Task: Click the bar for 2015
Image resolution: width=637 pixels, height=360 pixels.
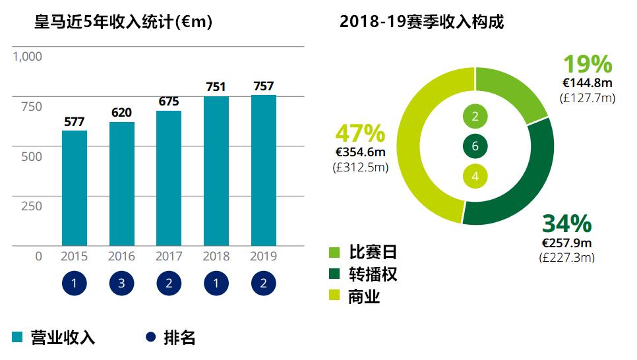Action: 75,188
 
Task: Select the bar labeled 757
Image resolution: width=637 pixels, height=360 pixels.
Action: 264,170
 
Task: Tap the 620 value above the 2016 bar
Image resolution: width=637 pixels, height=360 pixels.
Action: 121,113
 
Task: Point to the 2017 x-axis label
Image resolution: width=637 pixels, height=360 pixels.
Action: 169,256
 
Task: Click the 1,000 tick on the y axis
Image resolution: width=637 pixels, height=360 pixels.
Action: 27,57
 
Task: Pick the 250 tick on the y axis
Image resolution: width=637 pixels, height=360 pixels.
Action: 31,206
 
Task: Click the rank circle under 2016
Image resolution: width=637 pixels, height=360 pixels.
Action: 121,284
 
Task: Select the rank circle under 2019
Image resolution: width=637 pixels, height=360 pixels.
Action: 264,284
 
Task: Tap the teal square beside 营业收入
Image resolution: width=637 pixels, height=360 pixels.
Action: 18,338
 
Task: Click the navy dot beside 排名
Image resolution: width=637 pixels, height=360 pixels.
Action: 150,338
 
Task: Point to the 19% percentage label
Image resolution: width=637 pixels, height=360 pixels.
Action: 587,65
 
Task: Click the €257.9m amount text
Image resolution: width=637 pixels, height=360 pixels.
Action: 567,243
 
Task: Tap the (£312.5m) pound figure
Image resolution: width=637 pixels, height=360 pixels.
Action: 360,167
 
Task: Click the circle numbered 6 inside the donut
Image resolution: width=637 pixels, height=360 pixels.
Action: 475,146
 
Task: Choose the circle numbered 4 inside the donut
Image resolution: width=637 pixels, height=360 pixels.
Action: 475,176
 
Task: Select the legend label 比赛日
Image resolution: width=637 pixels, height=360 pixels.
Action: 373,253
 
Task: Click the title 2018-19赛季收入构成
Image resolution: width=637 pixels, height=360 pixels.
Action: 422,22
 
